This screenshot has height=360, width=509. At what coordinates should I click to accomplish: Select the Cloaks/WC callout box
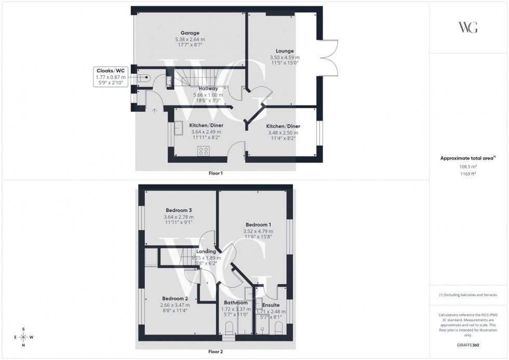click(x=111, y=76)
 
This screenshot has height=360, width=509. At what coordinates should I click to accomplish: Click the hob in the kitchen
click(x=204, y=151)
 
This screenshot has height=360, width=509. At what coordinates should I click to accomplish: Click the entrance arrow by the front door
click(x=155, y=110)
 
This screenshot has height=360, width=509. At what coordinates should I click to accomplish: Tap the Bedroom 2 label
click(x=175, y=299)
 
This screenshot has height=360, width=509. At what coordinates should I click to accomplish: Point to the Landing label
click(x=206, y=251)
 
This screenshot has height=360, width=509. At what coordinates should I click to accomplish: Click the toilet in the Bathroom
click(x=230, y=328)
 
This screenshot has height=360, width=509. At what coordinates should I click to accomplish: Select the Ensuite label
click(x=271, y=305)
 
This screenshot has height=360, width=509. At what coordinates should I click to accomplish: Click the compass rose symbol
click(x=24, y=337)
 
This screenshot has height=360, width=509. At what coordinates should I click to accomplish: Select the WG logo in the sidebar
click(x=468, y=28)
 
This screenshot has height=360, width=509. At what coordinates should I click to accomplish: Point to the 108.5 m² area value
click(x=468, y=167)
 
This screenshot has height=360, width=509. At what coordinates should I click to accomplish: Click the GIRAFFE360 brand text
click(x=468, y=345)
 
